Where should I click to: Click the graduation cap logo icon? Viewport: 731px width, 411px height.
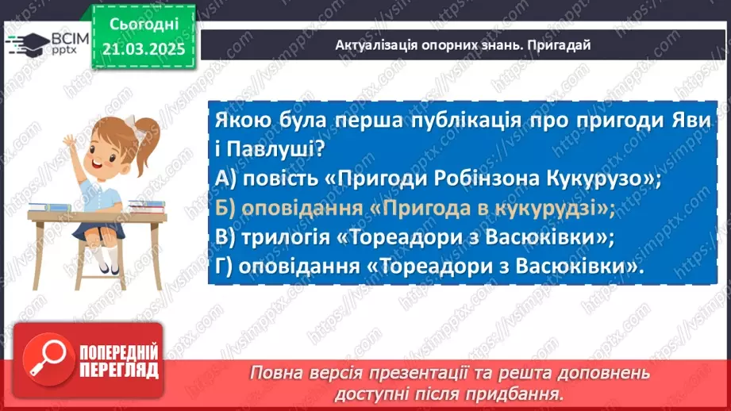(x=27, y=42)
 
